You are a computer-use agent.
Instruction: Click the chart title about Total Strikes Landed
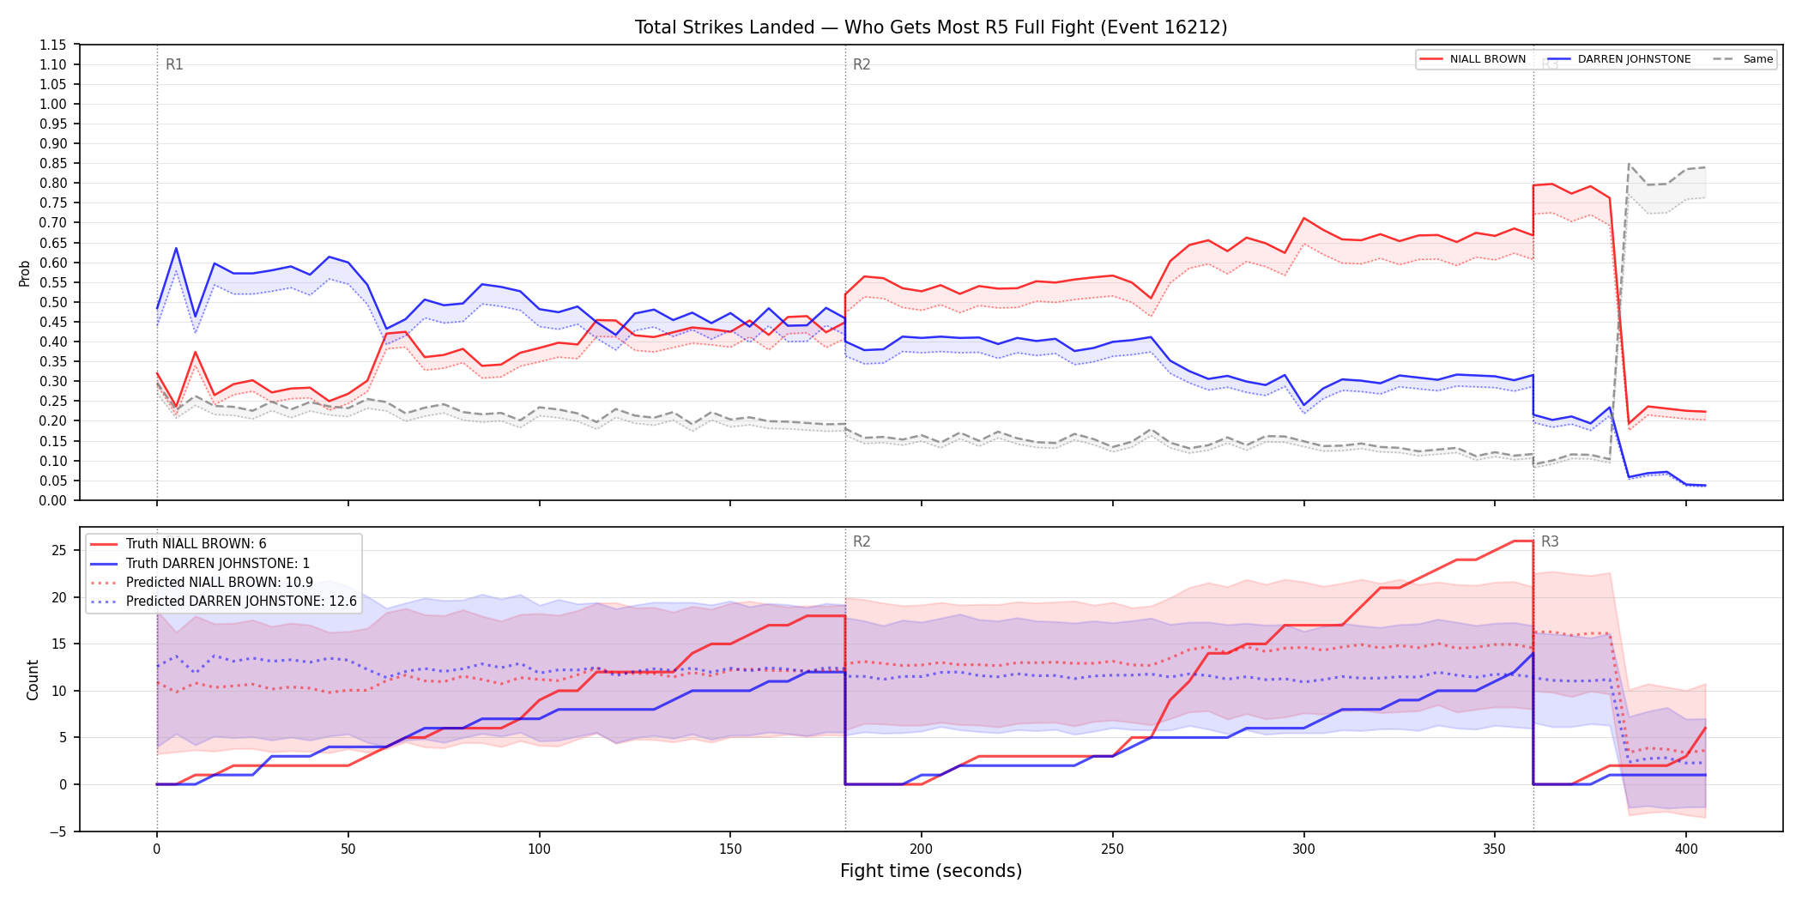pos(931,27)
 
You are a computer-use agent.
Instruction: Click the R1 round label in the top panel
pos(174,64)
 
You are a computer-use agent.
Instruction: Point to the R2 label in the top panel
pos(862,64)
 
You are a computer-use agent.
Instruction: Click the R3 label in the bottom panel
pos(1550,541)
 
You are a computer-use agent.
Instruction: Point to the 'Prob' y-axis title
pos(25,273)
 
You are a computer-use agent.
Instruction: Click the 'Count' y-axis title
pos(33,680)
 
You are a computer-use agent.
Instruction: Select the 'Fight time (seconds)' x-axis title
pos(931,871)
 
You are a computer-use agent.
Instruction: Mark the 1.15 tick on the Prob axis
pos(53,45)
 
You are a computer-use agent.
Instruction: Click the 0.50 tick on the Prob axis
pos(53,302)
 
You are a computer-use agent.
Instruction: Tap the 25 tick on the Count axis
pos(59,550)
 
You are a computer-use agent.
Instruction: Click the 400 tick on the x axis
pos(1686,850)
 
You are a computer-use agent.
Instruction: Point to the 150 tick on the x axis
pos(730,850)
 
